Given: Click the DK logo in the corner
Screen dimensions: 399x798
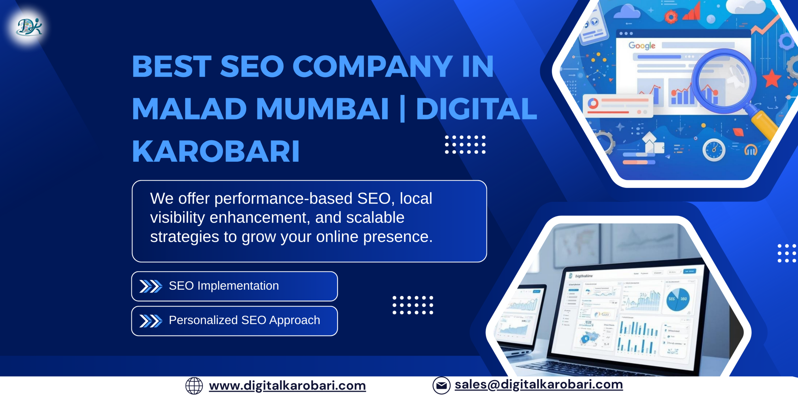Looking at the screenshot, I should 29,27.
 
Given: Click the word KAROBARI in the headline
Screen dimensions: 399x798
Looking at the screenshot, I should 216,151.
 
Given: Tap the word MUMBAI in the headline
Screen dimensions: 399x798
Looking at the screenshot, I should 322,109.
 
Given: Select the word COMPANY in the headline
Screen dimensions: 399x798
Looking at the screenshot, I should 372,66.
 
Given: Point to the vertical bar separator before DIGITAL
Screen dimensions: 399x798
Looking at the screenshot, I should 402,109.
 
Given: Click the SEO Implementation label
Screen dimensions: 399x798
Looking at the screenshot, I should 224,286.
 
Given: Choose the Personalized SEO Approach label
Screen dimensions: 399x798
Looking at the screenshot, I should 244,320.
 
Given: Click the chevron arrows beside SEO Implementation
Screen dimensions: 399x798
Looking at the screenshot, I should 151,286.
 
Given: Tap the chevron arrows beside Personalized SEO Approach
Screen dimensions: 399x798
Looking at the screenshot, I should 151,321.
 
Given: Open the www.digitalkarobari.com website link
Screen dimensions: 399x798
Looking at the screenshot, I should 287,386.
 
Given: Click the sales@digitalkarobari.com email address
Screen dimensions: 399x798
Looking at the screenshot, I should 539,385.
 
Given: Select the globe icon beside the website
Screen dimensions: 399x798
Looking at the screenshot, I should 194,386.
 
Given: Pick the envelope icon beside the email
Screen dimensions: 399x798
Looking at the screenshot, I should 441,386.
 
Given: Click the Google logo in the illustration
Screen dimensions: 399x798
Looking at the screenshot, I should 642,46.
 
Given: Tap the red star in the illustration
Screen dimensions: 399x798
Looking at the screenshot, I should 772,78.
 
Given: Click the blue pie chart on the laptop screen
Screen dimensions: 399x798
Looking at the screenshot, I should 678,299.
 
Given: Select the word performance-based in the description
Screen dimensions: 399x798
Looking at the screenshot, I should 283,199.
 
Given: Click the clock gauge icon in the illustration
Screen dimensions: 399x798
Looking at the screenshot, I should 714,150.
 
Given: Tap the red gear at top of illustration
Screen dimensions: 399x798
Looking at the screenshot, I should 671,17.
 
